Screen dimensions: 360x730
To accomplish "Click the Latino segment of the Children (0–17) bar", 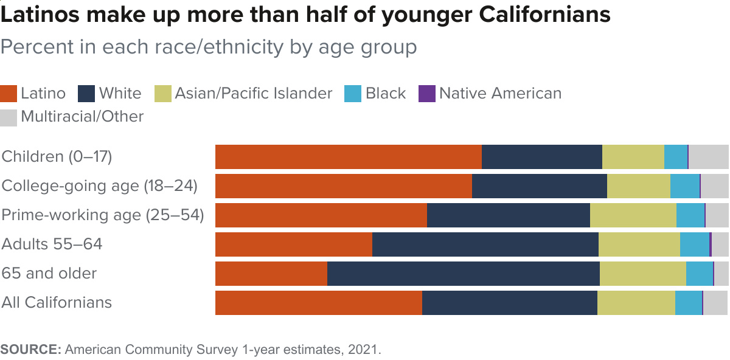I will point(348,157).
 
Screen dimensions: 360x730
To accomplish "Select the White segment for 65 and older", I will point(463,274).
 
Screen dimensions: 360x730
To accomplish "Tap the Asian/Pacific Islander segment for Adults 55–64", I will point(639,244).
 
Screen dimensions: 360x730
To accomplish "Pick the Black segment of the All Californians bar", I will point(688,303).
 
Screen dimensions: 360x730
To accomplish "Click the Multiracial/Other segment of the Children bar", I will point(708,157).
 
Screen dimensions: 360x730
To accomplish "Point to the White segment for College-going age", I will point(539,186).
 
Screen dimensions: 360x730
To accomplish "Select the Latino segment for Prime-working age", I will point(321,215).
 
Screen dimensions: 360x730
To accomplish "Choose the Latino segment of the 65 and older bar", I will point(271,274).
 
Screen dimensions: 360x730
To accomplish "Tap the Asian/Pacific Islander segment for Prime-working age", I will point(633,215).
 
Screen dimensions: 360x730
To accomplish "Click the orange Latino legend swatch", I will point(9,94).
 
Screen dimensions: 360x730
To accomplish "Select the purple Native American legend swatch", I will point(427,94).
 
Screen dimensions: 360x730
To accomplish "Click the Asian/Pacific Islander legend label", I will point(253,94).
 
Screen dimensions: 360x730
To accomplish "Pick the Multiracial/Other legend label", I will point(82,116).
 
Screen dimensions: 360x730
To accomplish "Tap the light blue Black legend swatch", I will point(353,94).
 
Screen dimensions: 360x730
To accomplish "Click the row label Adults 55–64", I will point(52,244).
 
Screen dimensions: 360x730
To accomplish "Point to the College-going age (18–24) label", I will point(100,186).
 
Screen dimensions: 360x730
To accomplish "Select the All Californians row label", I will point(57,303).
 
